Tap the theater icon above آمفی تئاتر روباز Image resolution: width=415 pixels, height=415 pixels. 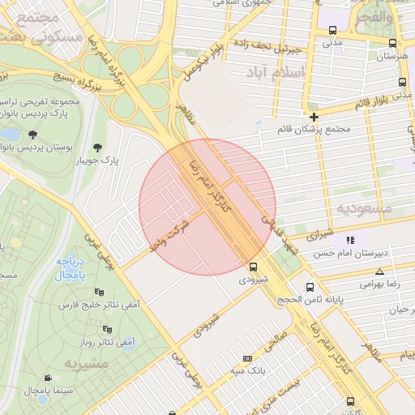point(108,329)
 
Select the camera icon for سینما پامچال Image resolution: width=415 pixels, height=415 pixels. point(48,378)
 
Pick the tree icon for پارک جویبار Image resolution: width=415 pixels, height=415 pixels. point(98,148)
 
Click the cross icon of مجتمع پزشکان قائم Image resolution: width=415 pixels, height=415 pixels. point(314,117)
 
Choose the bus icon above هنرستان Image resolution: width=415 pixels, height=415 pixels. point(392,44)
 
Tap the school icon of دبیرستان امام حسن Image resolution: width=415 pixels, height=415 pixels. point(350,241)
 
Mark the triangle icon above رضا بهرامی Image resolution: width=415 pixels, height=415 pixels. point(380,271)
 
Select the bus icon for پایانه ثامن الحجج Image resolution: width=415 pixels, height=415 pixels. point(310,287)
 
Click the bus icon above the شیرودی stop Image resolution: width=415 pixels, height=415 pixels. point(254,266)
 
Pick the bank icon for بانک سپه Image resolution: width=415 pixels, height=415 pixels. point(247,358)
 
